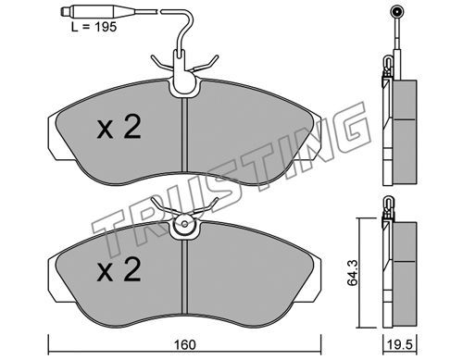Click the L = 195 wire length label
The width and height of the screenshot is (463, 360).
[94, 27]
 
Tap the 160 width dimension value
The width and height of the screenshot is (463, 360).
[185, 344]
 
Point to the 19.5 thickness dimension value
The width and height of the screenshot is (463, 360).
[400, 344]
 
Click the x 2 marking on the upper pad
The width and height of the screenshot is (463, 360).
[119, 127]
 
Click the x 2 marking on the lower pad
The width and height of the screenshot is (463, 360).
[119, 270]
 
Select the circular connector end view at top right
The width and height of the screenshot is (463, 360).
[396, 12]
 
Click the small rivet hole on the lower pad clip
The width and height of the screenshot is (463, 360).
[184, 224]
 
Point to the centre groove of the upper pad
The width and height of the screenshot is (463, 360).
[184, 135]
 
